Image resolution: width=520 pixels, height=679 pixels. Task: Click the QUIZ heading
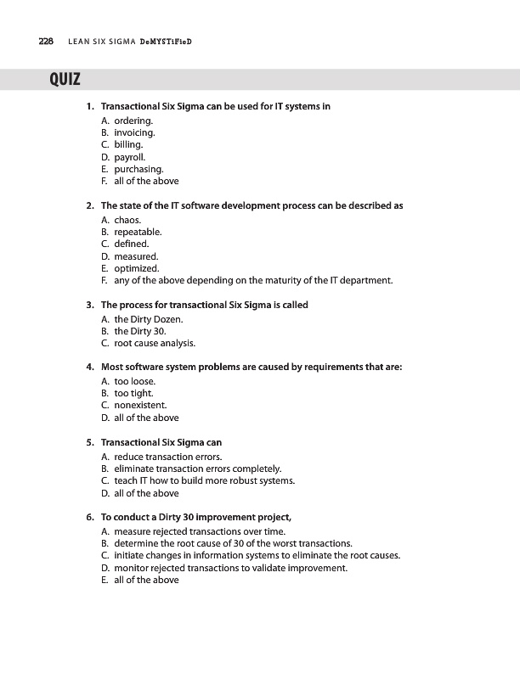point(65,81)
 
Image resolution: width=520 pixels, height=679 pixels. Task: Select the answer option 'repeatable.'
point(138,232)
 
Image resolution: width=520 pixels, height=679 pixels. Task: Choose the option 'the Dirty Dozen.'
point(149,319)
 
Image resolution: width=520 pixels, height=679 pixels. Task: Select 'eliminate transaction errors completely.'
point(197,468)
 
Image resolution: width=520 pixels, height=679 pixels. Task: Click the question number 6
point(89,517)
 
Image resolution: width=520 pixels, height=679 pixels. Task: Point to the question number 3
point(89,305)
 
